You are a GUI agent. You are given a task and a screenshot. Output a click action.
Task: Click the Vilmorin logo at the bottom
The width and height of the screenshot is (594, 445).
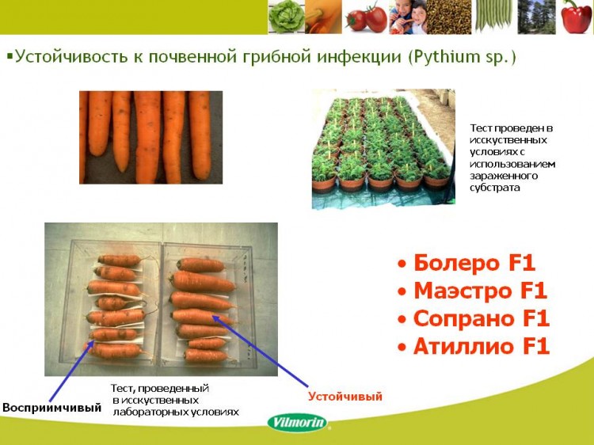(298, 422)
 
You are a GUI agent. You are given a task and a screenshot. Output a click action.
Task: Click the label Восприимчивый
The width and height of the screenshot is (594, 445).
(52, 408)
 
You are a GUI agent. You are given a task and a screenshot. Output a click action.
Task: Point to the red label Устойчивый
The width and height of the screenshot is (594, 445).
(345, 397)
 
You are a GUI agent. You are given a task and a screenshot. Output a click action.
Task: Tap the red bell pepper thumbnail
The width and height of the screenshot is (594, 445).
(576, 17)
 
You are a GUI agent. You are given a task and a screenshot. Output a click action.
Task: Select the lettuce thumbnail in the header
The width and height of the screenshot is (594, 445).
(287, 17)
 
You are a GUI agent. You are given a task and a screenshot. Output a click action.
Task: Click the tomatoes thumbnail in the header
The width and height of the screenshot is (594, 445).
(367, 17)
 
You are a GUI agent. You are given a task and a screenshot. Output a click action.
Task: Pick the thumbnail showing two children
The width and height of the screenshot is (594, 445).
(408, 17)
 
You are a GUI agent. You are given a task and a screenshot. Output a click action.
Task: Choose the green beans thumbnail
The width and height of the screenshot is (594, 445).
(493, 17)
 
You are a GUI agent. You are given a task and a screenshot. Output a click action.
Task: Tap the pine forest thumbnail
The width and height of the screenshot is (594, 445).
(536, 17)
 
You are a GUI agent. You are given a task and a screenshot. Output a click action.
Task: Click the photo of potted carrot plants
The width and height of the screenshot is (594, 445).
(383, 149)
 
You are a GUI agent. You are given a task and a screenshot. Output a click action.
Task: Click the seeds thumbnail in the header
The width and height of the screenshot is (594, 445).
(449, 17)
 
